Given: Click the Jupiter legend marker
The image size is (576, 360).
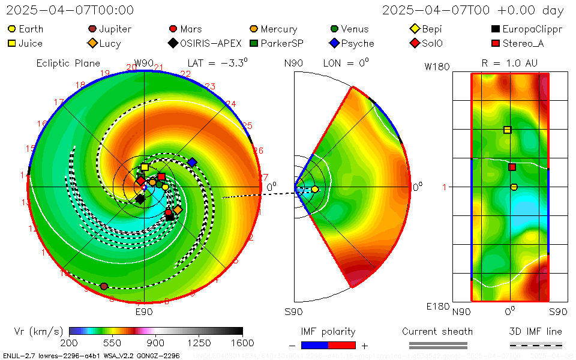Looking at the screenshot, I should tap(92, 29).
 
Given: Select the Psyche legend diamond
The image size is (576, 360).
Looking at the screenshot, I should tap(334, 43).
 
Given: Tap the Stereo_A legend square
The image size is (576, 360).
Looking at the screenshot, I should tap(495, 43).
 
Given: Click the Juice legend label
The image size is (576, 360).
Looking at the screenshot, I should tap(30, 43).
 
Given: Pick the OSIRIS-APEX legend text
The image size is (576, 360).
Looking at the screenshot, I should tap(211, 43).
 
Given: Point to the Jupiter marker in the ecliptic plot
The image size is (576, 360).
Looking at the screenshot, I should tap(104, 286).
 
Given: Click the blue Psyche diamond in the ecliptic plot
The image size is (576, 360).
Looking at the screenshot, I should tap(192, 162).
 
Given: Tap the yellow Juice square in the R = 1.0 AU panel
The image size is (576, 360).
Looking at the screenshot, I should tap(508, 130).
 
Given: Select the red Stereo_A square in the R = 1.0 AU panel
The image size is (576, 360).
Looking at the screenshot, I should tap(512, 167).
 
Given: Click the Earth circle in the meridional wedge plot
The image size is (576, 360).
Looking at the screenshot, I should tap(314, 190).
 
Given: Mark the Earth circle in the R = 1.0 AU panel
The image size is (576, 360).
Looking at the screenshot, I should tap(514, 187).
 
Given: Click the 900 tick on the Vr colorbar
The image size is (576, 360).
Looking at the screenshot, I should tap(155, 343).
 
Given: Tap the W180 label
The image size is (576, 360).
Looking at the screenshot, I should tap(437, 67).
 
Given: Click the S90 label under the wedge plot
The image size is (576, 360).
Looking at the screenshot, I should tap(293, 312).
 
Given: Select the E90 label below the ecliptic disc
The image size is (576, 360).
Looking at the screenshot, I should tap(144, 312).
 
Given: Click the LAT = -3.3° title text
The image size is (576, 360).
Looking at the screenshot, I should tap(217, 62).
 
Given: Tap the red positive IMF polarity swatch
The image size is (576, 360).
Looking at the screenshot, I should tap(342, 345).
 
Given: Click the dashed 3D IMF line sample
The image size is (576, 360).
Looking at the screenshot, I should tap(536, 345).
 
